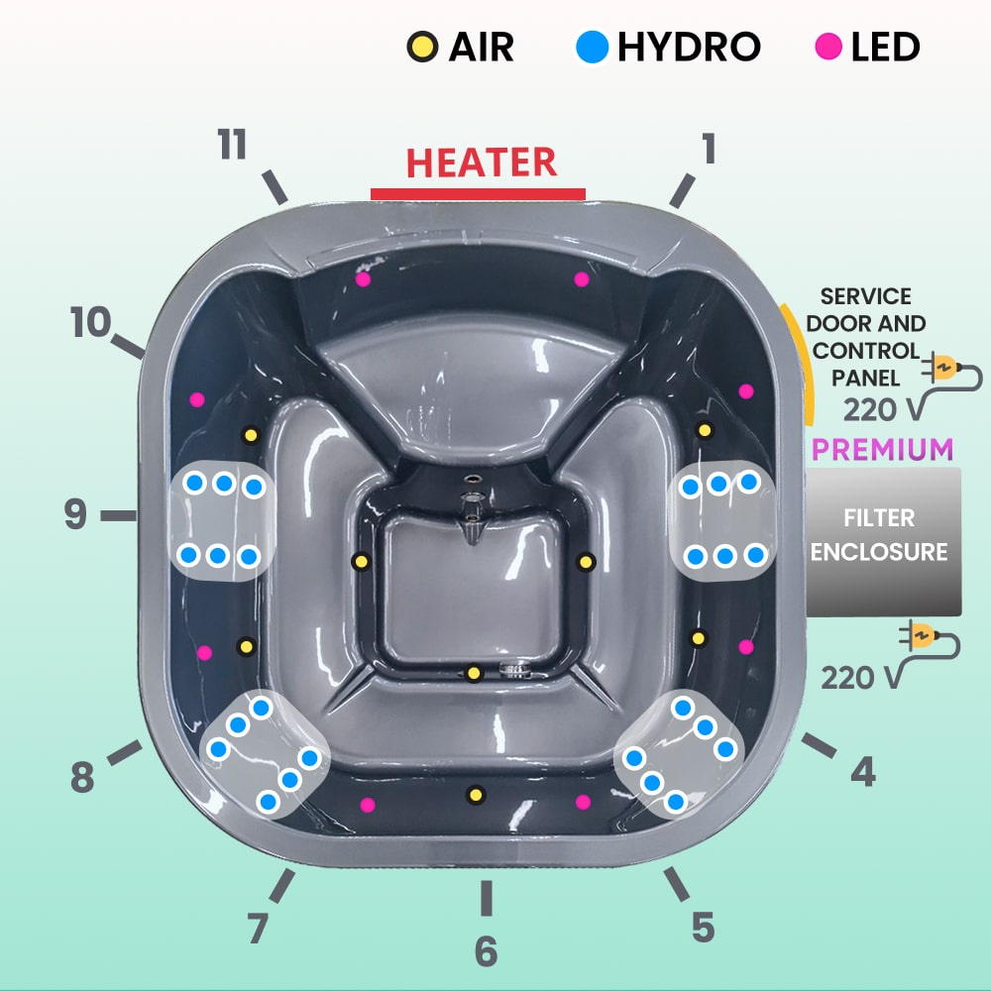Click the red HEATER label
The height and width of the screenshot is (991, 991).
[x=482, y=163]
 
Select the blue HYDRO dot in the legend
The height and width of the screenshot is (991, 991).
[x=593, y=47]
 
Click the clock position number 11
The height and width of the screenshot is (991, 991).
[x=233, y=146]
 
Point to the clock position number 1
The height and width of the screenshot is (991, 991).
[x=709, y=150]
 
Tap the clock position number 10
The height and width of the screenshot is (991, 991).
[x=90, y=323]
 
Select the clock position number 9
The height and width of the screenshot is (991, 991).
[x=75, y=514]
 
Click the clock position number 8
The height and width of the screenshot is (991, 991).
[x=82, y=779]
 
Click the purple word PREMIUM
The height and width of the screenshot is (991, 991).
[x=882, y=449]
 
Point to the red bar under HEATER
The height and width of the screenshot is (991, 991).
[x=478, y=193]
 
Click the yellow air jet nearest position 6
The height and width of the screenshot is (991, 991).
[x=476, y=794]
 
